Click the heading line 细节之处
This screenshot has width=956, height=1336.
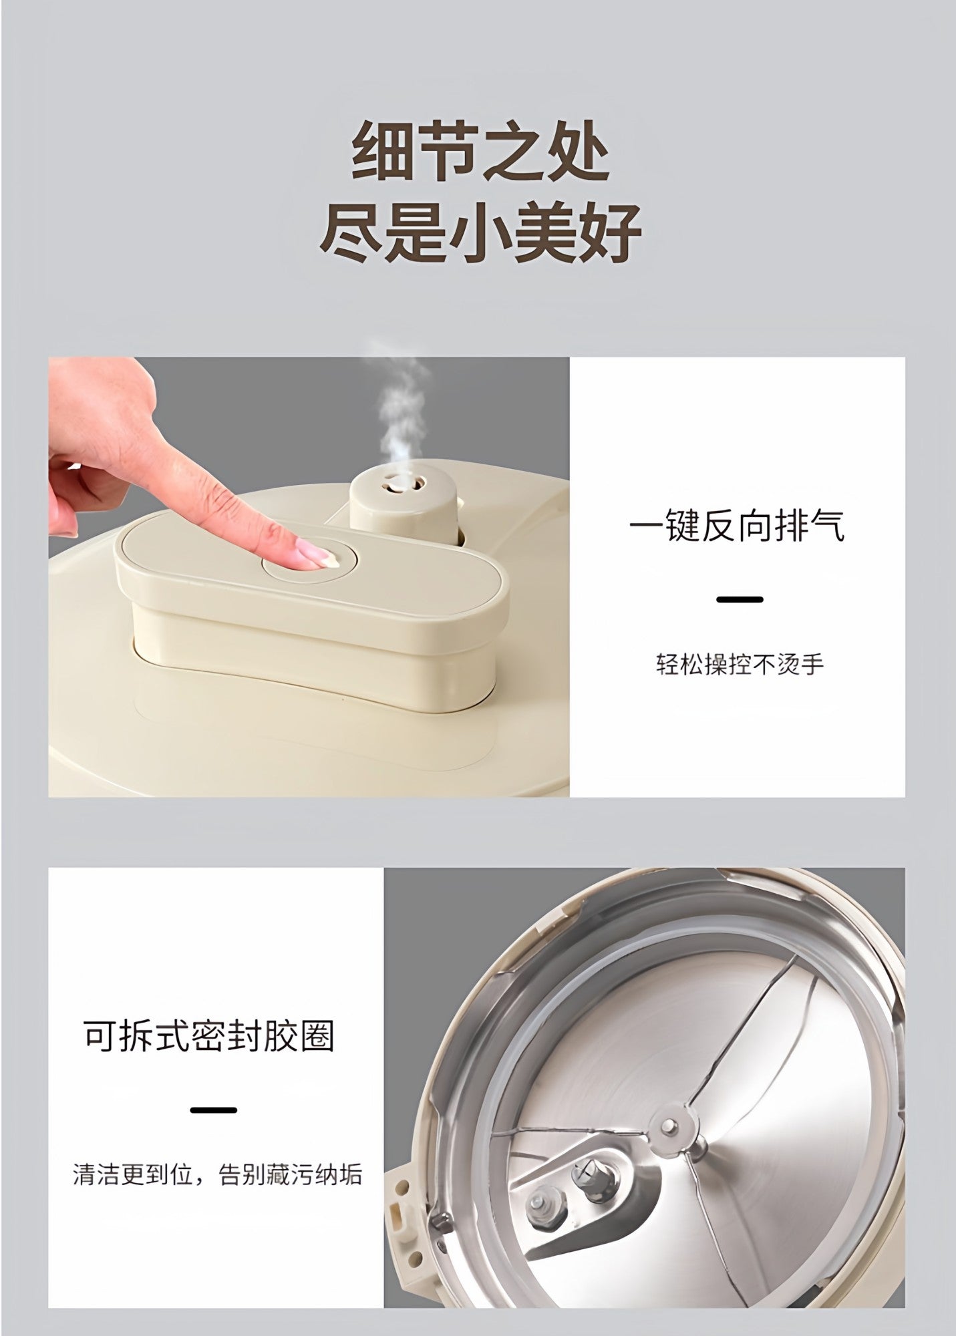click(480, 152)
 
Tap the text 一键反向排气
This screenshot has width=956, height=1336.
click(737, 527)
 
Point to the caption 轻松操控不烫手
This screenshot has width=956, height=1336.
click(740, 665)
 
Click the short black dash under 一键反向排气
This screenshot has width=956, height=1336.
click(740, 599)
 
